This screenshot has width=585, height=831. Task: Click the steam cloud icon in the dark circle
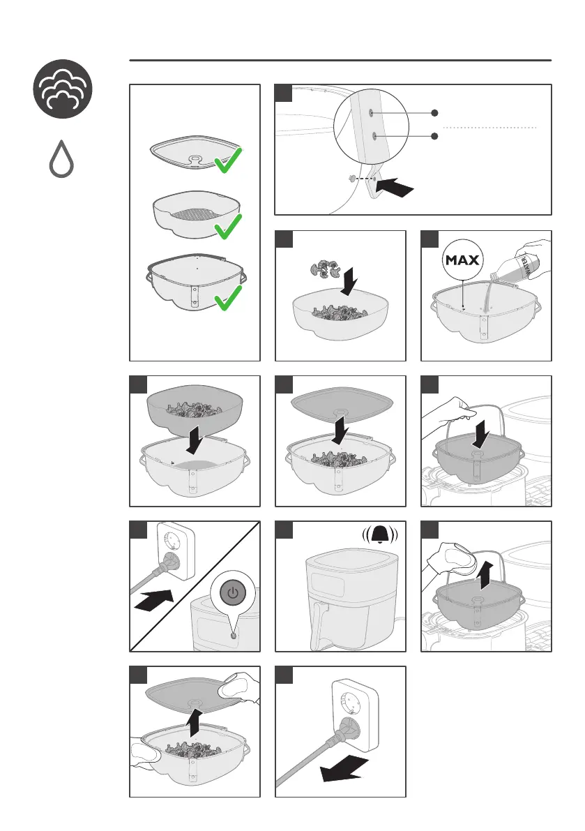coord(63,89)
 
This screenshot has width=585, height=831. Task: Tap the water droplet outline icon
coord(61,159)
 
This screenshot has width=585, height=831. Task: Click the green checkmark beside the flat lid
coord(228,160)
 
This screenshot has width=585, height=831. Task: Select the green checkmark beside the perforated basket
coord(228,226)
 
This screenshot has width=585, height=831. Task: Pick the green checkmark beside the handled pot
coord(228,298)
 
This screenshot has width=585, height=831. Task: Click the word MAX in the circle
coord(462,260)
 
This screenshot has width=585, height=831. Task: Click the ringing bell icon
coord(380,535)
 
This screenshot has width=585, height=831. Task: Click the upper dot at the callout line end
coord(434,113)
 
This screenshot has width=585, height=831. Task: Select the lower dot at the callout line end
coord(434,136)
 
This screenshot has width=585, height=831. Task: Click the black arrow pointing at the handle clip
coord(396,186)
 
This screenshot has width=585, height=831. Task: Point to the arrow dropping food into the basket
coord(349,281)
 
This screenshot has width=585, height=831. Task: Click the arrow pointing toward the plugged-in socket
coord(154,601)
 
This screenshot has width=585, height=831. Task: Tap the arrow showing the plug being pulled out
coord(344,769)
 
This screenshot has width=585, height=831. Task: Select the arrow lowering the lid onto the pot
coord(340,431)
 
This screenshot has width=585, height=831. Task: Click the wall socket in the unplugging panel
coord(354,715)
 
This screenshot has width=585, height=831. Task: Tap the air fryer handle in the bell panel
coord(318,625)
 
